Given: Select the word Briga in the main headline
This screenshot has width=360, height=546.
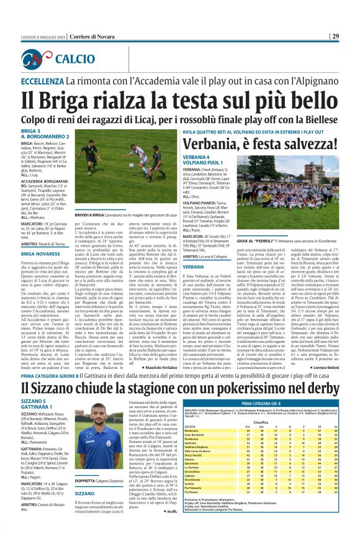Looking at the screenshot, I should coord(70,99).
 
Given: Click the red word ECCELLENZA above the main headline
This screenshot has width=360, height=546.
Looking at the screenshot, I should coord(44,81).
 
